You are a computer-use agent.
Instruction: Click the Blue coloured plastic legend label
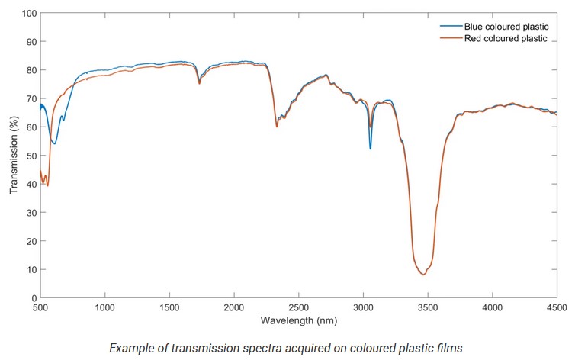click(505, 26)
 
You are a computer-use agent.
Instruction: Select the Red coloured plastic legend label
click(505, 38)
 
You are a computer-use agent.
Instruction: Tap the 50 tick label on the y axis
click(31, 156)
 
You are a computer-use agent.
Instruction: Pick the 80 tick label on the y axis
click(31, 70)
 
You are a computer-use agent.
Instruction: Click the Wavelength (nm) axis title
click(297, 320)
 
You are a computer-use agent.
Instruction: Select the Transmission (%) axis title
click(13, 156)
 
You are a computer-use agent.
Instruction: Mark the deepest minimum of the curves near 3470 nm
click(423, 275)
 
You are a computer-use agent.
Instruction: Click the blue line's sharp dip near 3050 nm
click(371, 149)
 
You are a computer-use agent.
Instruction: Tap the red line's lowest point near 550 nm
click(47, 185)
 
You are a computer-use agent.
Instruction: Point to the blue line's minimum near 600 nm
click(54, 143)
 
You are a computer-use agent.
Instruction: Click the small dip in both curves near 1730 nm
click(199, 83)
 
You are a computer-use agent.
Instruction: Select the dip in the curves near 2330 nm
click(276, 126)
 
